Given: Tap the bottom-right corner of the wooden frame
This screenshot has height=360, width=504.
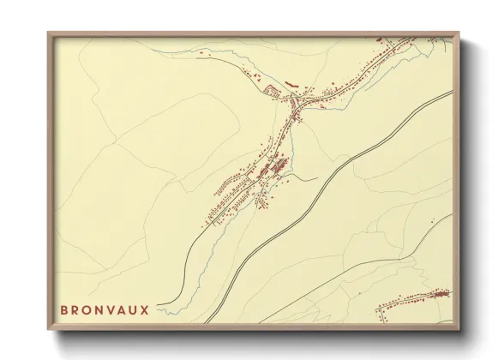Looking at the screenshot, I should click(x=459, y=330).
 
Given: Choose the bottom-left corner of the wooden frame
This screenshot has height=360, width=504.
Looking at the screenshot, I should click(x=49, y=330).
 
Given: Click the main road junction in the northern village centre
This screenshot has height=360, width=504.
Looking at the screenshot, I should click(x=297, y=105).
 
